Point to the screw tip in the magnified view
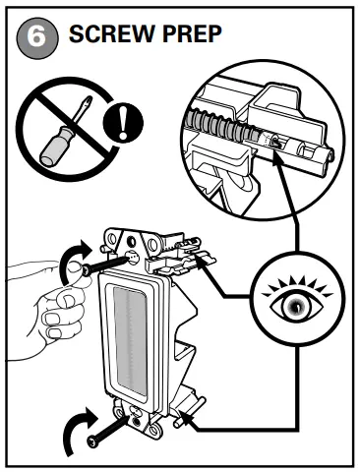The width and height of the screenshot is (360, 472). tap(274, 144)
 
